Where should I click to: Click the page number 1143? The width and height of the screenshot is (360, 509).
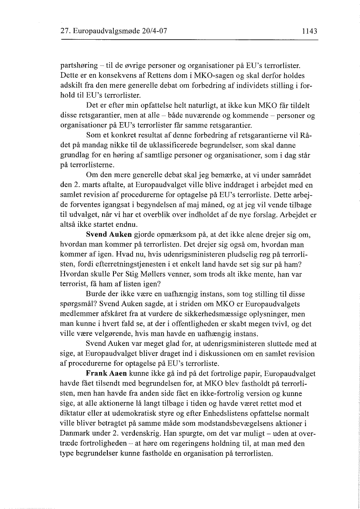pyautogui.click(x=308, y=31)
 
